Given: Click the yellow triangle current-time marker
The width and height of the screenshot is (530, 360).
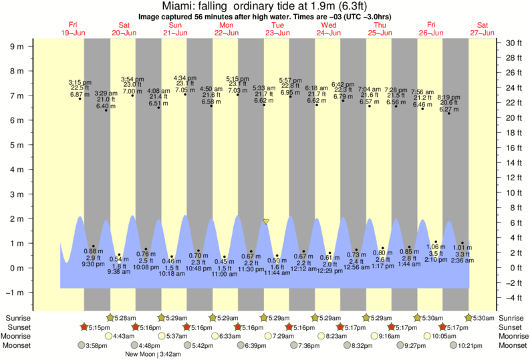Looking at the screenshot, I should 266,221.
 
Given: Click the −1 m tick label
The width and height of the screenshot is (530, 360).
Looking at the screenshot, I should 15,293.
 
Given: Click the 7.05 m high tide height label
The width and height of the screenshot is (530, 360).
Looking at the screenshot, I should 184,90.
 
